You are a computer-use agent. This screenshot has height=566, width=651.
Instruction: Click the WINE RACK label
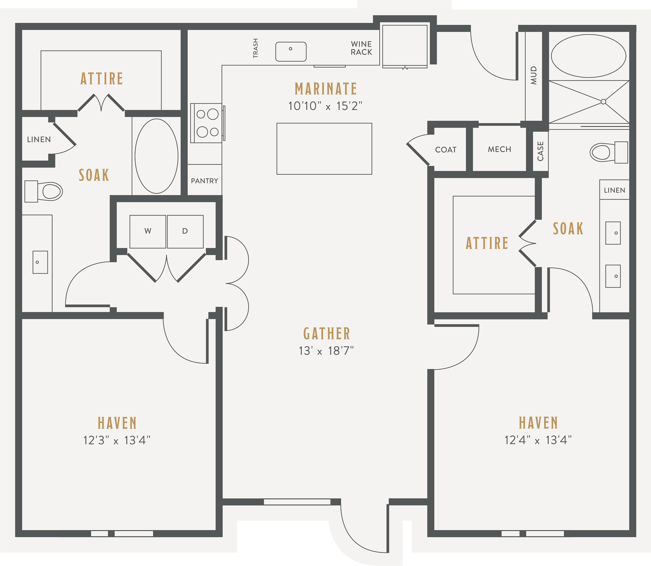tap(361, 48)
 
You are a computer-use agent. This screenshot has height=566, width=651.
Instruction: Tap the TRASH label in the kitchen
tap(256, 48)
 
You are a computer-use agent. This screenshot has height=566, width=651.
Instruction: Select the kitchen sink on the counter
tap(291, 52)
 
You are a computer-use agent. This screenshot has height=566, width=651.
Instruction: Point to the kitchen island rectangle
tap(324, 149)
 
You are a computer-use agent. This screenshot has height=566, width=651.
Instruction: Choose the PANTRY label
tap(205, 181)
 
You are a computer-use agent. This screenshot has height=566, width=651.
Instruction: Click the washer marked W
tap(148, 231)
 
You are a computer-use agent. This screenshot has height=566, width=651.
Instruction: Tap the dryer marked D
tap(185, 231)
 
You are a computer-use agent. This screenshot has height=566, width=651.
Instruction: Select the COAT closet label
tap(446, 150)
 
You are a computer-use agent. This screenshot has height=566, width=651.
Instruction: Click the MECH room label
tap(500, 149)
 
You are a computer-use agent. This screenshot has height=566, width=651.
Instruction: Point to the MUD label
tap(534, 75)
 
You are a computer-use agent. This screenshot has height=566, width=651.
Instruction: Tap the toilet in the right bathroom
tap(609, 152)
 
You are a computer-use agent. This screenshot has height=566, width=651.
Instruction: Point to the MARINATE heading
tap(326, 89)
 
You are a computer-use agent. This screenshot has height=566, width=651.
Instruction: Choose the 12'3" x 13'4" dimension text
tap(117, 440)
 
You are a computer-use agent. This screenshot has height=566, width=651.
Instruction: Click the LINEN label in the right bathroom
tap(615, 190)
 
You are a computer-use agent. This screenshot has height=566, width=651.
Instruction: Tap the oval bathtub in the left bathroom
tap(157, 156)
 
